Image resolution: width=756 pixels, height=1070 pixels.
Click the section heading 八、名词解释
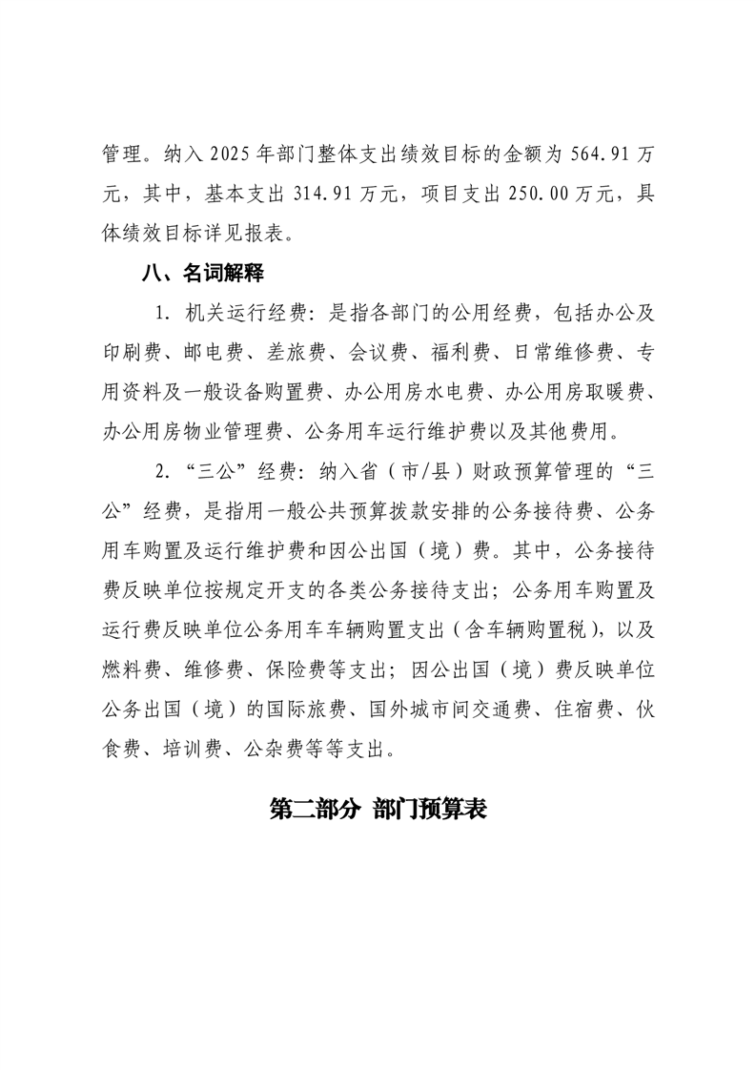point(201,274)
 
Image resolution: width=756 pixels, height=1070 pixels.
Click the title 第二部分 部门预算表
point(378,811)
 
